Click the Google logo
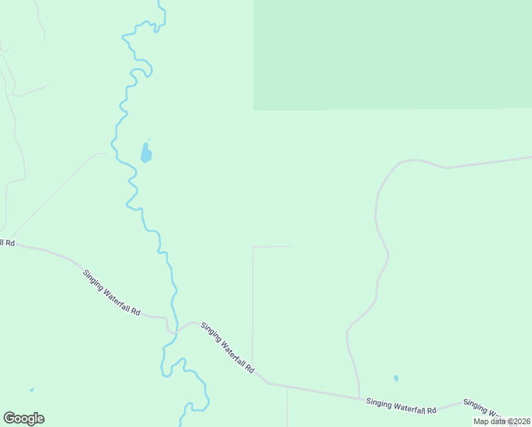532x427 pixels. [x=23, y=418]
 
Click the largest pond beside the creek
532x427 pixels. [x=146, y=153]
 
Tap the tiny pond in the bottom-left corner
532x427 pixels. [x=31, y=390]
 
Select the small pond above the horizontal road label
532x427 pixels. [x=396, y=378]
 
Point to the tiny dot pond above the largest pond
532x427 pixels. [x=149, y=139]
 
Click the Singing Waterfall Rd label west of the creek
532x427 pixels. [x=112, y=293]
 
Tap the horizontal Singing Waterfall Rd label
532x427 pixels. [x=401, y=406]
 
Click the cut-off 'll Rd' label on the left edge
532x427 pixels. [x=7, y=243]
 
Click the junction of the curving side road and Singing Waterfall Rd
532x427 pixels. [x=359, y=398]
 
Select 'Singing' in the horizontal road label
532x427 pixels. [x=380, y=404]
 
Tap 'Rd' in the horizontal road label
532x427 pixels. [x=431, y=410]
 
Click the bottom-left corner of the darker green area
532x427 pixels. [x=254, y=110]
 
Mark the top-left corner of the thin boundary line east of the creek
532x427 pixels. [x=253, y=247]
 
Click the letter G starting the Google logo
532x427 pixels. [x=9, y=418]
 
